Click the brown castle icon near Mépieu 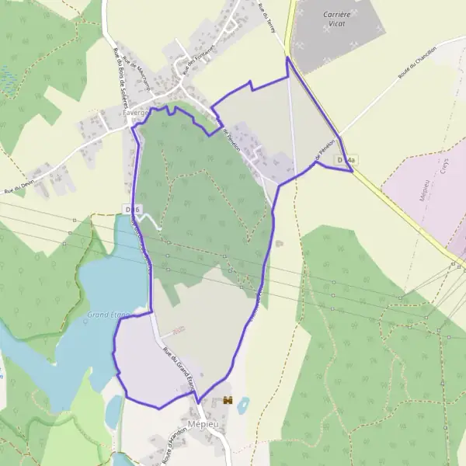(228, 400)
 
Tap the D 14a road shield (346, 161)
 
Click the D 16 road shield (132, 210)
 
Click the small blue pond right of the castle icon (244, 405)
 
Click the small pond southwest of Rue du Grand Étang (114, 412)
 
